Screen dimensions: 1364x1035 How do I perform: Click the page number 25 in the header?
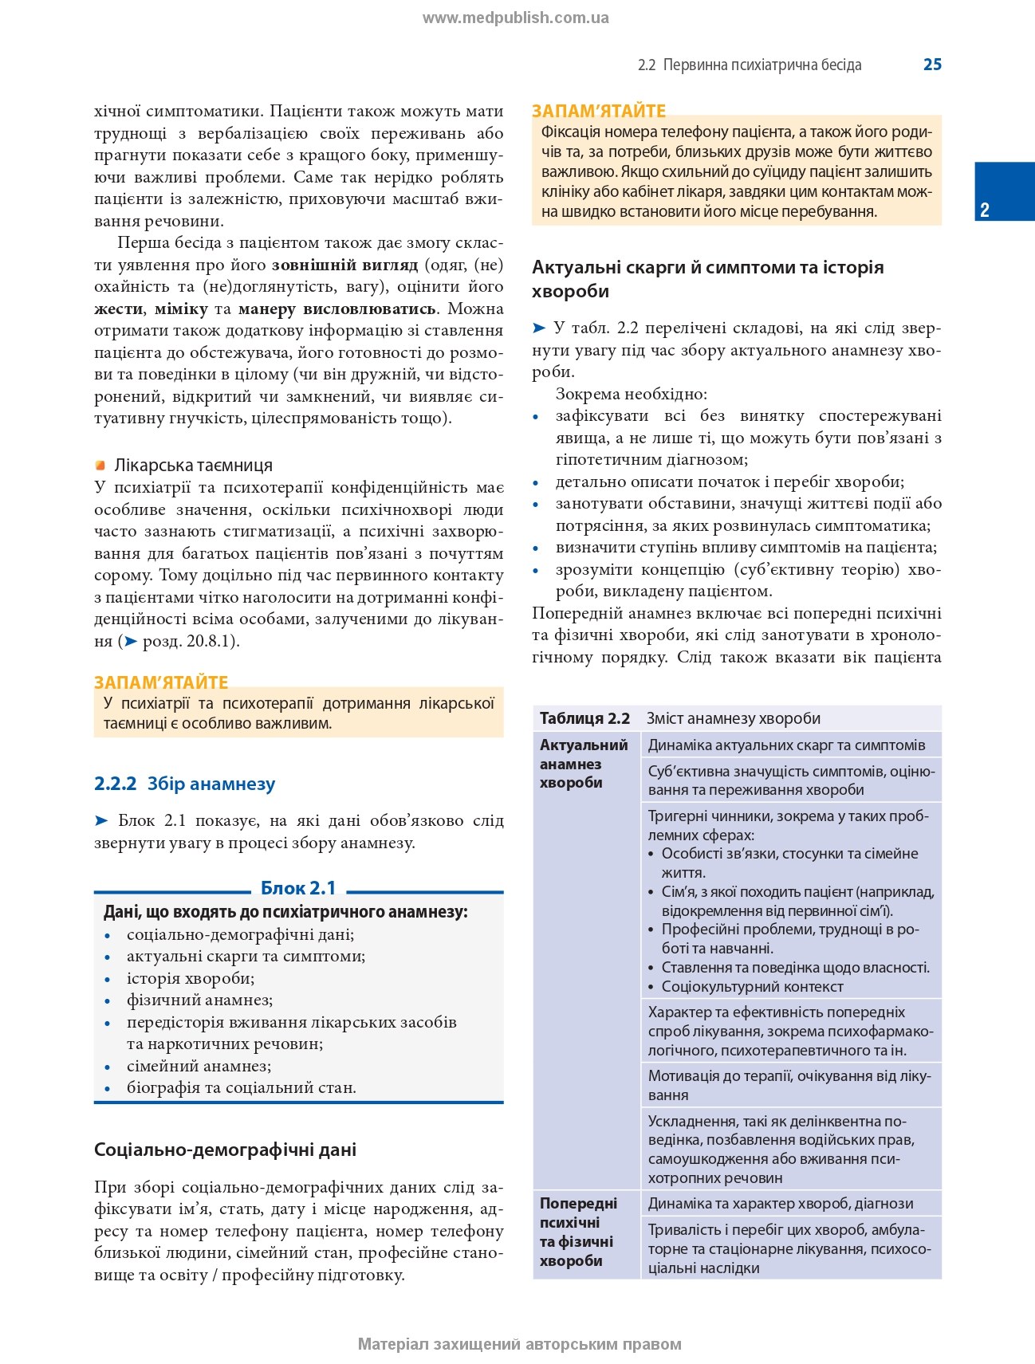point(932,65)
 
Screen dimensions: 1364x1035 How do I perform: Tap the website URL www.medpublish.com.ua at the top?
point(515,18)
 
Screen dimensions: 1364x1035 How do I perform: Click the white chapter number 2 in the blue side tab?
point(985,210)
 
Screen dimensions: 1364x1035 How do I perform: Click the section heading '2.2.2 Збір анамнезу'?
point(184,784)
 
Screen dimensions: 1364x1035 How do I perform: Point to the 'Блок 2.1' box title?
point(298,887)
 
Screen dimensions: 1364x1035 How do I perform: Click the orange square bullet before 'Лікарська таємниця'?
point(100,465)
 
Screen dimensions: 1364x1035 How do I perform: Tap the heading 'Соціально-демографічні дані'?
point(225,1149)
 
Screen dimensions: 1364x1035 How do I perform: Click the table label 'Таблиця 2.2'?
point(584,718)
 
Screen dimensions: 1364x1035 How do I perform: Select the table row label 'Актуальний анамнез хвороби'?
point(584,764)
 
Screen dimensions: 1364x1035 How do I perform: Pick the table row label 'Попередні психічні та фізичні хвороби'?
point(578,1232)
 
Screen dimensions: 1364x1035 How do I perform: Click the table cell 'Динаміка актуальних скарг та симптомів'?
point(786,745)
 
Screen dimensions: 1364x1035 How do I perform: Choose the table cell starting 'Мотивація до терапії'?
point(789,1085)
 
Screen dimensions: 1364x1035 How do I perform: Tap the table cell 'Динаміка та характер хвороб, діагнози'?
point(781,1203)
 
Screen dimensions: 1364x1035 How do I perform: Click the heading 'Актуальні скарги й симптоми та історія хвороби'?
point(707,278)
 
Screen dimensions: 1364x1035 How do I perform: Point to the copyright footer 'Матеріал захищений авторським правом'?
point(519,1344)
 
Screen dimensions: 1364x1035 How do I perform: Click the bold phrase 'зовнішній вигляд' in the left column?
point(344,265)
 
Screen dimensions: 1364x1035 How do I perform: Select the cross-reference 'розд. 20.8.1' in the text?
point(189,641)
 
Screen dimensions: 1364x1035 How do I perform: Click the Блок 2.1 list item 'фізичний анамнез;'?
point(199,1000)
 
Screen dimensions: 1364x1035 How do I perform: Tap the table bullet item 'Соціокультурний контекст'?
point(752,986)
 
